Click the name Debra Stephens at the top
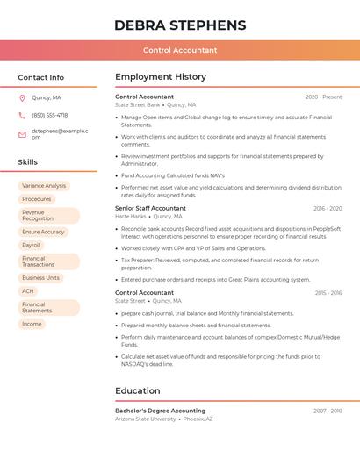(180, 25)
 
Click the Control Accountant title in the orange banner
(180, 50)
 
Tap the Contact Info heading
(40, 77)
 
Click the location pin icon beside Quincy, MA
(22, 97)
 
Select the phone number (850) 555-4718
(49, 115)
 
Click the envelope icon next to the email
(22, 134)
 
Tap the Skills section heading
(27, 162)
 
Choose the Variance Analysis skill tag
(44, 186)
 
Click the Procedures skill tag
(37, 199)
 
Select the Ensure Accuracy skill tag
(44, 232)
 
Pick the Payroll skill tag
(32, 245)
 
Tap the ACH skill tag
(28, 291)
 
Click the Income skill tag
(32, 324)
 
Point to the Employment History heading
(161, 77)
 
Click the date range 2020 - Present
(323, 97)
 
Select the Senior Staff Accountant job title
(150, 208)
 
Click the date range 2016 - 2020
(328, 208)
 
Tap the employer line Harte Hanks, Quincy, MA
(148, 216)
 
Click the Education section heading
(138, 390)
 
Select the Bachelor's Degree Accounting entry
(160, 411)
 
